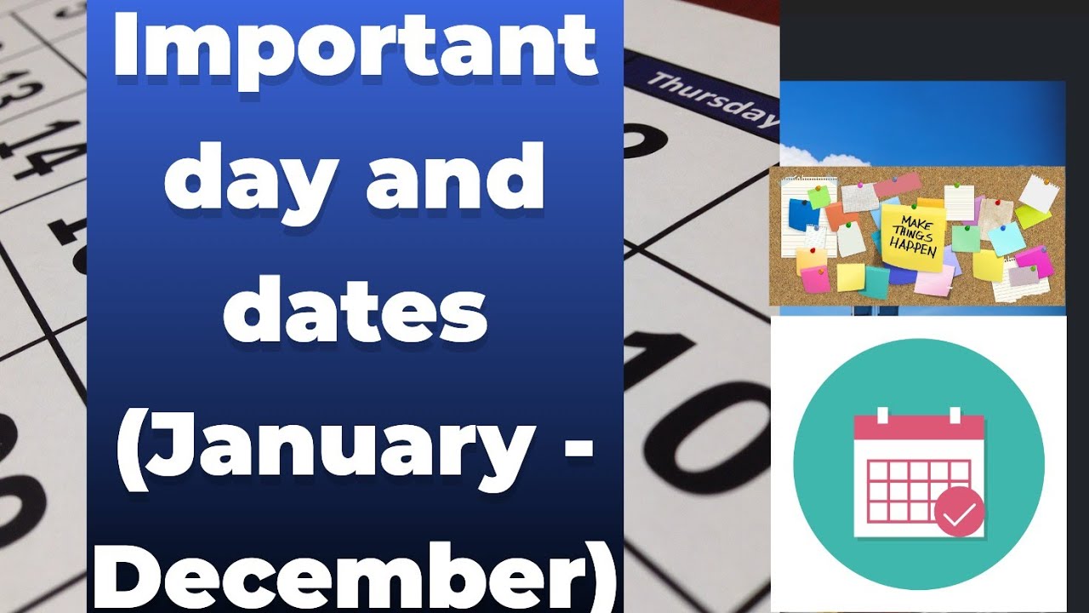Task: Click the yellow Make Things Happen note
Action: tap(912, 237)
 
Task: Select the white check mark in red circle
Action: tap(959, 513)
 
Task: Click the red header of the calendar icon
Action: tap(918, 427)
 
